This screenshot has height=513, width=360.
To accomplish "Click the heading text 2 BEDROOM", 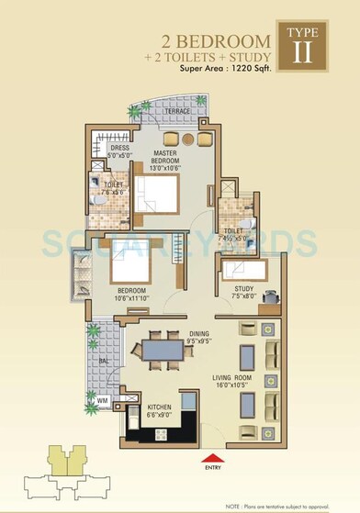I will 217,40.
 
